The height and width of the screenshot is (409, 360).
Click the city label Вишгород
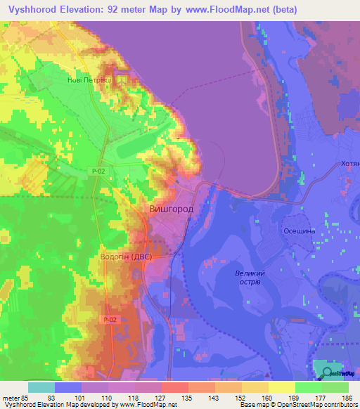click(x=172, y=209)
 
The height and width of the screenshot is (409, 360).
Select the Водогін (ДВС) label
click(x=129, y=257)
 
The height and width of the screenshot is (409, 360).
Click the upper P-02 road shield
click(x=98, y=171)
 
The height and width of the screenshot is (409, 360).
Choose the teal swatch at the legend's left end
click(x=41, y=387)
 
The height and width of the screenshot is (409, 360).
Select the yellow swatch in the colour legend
click(x=282, y=387)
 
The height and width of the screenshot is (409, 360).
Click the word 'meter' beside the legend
click(x=9, y=397)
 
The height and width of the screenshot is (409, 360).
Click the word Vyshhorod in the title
click(x=32, y=10)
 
